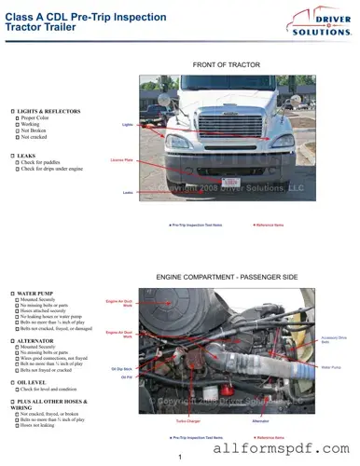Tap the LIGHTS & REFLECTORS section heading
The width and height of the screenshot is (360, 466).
coord(47,111)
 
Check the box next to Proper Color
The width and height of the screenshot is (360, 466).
coord(18,118)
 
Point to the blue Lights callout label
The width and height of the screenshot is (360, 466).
coord(128,124)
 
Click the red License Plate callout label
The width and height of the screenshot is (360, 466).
coord(122,160)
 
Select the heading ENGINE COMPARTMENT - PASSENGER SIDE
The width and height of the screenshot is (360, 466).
coord(226,278)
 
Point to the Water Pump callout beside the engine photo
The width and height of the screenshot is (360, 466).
coord(331,367)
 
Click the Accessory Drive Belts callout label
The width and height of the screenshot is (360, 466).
coord(333,339)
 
